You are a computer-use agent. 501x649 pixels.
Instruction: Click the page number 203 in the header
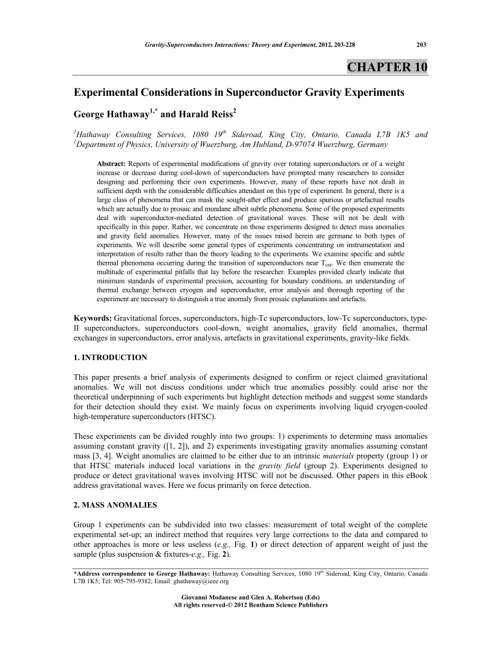(x=421, y=44)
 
